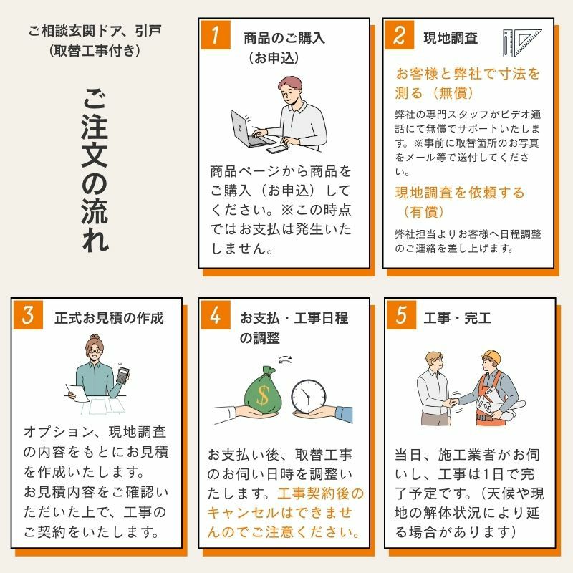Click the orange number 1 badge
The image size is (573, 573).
[216, 34]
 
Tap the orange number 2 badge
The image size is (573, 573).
[400, 34]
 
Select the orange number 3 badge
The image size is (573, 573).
[28, 315]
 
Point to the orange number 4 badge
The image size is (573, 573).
[216, 315]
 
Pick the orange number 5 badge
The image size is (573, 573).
[401, 315]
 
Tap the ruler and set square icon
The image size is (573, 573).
[522, 43]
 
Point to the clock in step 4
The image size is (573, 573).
[309, 397]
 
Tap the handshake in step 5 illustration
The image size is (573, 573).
[453, 402]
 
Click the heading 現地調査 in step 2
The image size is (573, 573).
[451, 38]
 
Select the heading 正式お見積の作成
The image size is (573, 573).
[109, 318]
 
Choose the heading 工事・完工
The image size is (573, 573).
[457, 318]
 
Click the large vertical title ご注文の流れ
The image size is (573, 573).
[95, 170]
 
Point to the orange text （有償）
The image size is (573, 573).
[423, 211]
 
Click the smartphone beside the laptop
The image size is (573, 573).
[277, 150]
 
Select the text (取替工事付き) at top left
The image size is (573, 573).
[95, 51]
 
